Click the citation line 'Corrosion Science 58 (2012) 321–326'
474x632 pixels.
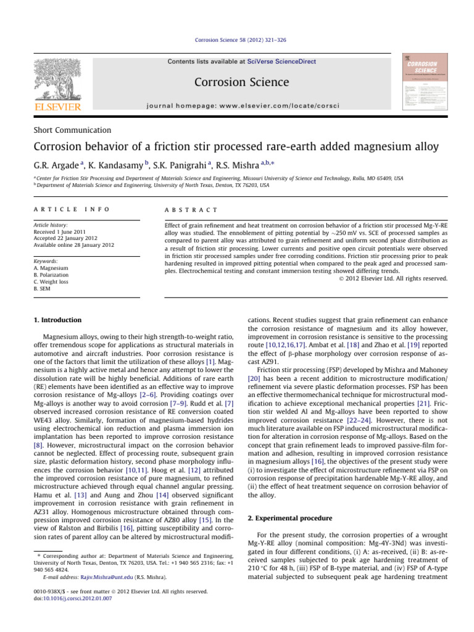tap(236, 40)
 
